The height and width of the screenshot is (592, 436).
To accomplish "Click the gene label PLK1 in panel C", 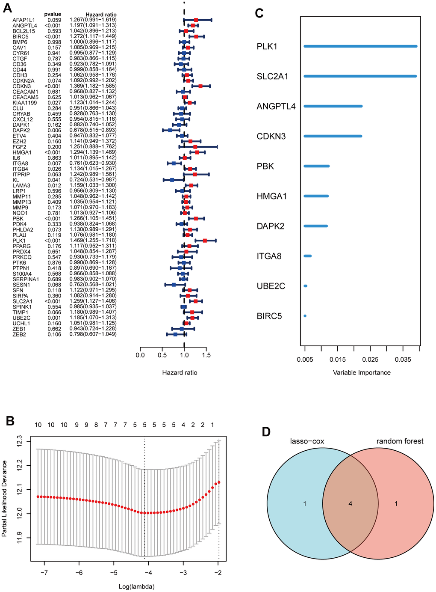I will tap(267, 46).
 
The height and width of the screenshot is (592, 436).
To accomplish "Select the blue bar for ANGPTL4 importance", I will tap(333, 106).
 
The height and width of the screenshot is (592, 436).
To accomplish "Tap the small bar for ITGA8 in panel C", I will tap(307, 256).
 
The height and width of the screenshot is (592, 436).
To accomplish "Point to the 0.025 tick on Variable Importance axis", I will tap(370, 360).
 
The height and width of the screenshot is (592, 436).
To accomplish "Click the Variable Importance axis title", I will tap(362, 372).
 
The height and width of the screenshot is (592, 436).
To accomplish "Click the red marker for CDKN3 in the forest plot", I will tap(200, 86).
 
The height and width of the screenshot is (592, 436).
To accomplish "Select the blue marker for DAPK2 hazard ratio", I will tap(170, 130).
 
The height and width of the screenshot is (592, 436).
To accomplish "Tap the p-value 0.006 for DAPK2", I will tap(54, 130).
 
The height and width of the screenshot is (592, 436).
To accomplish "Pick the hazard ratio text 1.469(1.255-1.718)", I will tap(93, 241).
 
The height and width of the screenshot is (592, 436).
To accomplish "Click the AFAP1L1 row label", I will tap(24, 20).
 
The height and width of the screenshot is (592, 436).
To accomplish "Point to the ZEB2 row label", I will tap(19, 334).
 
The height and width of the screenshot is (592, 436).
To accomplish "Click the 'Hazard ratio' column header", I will tap(101, 15).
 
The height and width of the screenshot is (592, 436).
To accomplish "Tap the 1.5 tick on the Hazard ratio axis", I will tap(206, 355).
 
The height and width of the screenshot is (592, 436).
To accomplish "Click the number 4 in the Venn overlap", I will tap(350, 504).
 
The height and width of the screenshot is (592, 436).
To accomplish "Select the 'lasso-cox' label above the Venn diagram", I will tap(306, 441).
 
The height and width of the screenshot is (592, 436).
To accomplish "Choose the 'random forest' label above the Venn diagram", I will tap(400, 441).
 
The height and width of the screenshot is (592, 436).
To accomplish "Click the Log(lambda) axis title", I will tap(137, 586).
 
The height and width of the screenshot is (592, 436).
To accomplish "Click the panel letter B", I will tap(10, 421).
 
